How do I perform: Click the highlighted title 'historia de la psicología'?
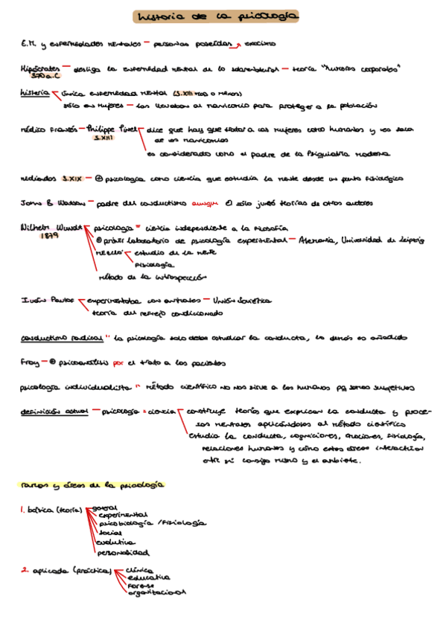pos(217,16)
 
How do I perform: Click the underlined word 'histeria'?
pos(34,94)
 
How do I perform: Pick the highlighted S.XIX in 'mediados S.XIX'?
pos(71,179)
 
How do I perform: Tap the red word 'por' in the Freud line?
pos(118,363)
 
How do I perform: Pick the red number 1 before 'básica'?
pos(22,510)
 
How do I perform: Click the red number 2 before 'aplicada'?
pos(24,571)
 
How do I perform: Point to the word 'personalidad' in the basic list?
pos(122,553)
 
